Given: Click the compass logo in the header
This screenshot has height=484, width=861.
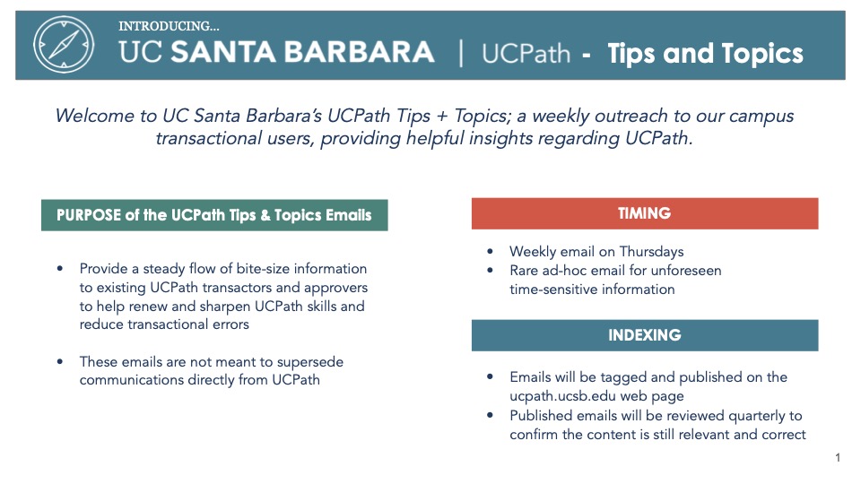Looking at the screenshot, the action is (x=64, y=45).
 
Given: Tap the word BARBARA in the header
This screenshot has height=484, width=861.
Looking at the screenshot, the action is (x=359, y=52).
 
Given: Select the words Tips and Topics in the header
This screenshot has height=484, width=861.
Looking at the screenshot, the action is (x=705, y=53).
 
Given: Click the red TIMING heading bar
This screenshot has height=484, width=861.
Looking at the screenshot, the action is (x=645, y=213).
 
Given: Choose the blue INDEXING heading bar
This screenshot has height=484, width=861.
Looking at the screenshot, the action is (x=645, y=335).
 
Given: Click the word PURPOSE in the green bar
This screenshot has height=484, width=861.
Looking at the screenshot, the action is (x=89, y=215).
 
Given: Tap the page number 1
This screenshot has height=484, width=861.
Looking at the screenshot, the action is (x=838, y=457).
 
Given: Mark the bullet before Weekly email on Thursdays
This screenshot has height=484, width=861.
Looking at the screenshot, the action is (x=491, y=251).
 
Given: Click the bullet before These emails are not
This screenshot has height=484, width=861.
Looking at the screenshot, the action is (x=60, y=361).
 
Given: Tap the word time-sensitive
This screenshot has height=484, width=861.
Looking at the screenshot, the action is (x=547, y=290).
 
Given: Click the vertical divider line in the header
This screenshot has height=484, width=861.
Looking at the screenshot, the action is (x=460, y=53).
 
